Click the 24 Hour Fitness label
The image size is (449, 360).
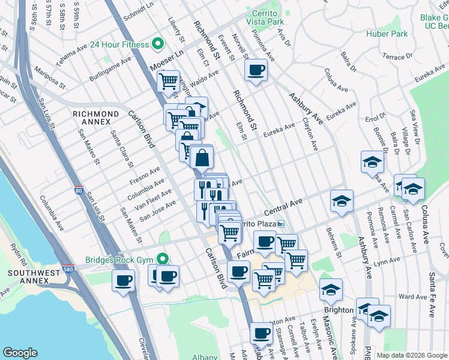119,44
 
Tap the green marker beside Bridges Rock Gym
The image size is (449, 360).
162,259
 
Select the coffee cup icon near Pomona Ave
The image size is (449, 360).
256,70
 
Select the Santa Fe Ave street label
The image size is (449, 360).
432,297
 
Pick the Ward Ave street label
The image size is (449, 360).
412,296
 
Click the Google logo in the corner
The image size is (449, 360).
20,353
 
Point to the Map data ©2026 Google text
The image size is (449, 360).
412,355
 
